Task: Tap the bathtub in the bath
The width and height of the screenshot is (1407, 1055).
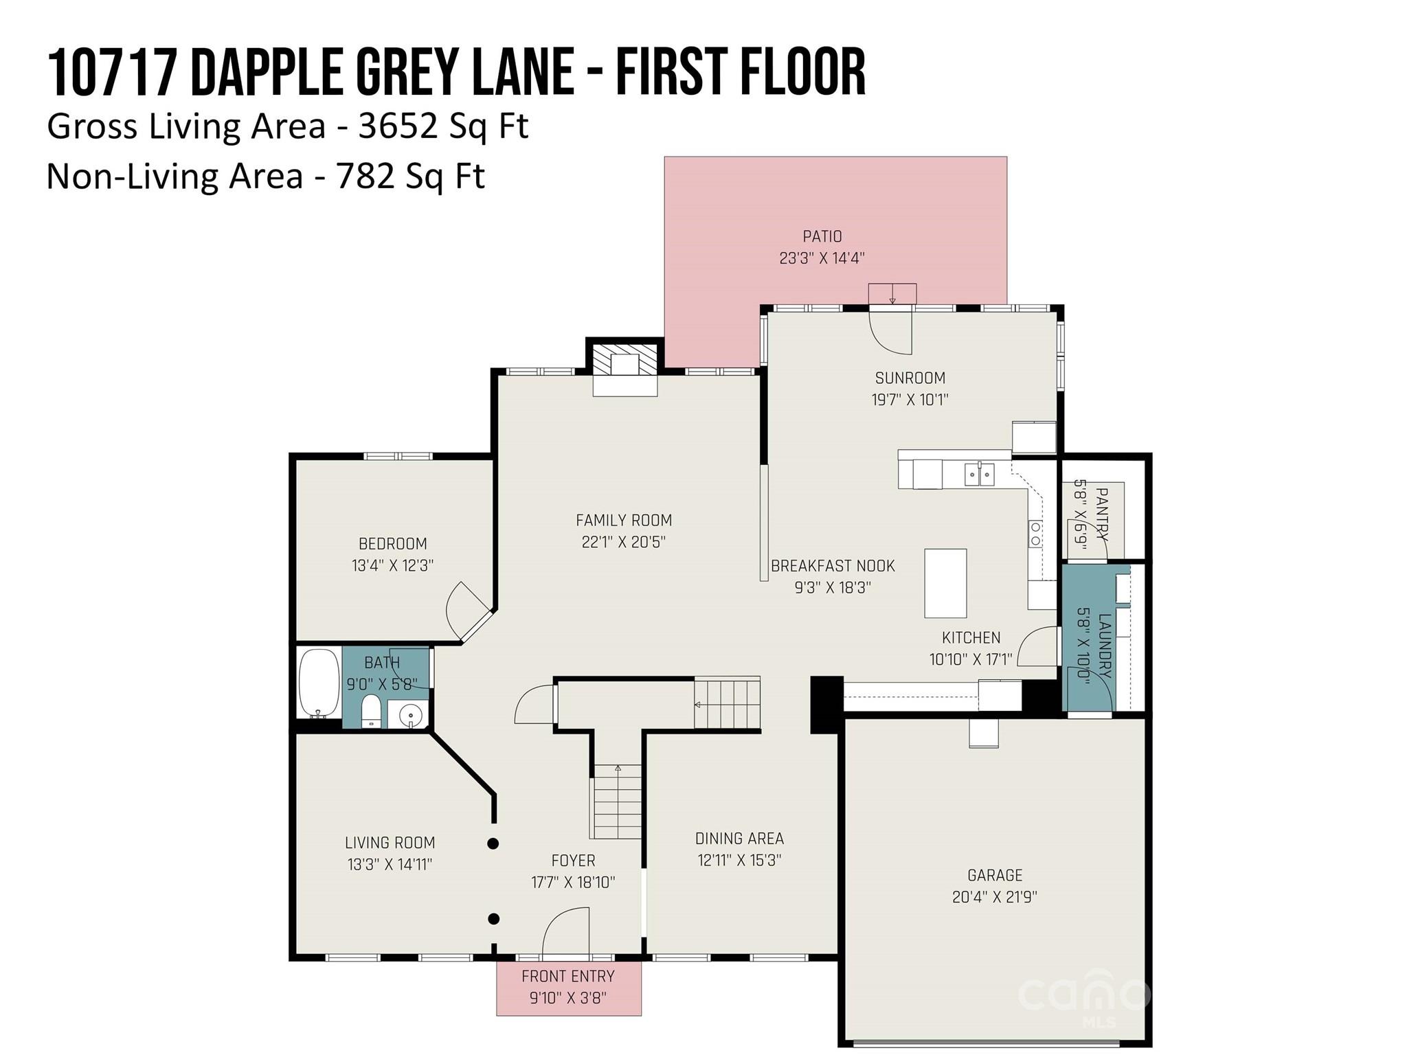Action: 319,683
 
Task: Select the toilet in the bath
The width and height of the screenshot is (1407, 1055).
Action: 371,712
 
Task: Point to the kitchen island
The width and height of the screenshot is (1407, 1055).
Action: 945,583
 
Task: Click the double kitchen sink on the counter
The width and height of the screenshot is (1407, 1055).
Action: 979,474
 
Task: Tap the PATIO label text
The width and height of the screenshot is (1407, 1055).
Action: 822,236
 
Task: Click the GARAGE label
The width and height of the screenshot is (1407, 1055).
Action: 994,875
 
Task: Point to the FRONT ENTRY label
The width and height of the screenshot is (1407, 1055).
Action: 567,976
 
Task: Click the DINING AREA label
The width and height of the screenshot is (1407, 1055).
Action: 739,838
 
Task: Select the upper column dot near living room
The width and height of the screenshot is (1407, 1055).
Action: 493,843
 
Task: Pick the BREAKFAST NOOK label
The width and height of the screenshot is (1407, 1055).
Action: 833,566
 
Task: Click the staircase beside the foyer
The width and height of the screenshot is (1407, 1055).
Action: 617,802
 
